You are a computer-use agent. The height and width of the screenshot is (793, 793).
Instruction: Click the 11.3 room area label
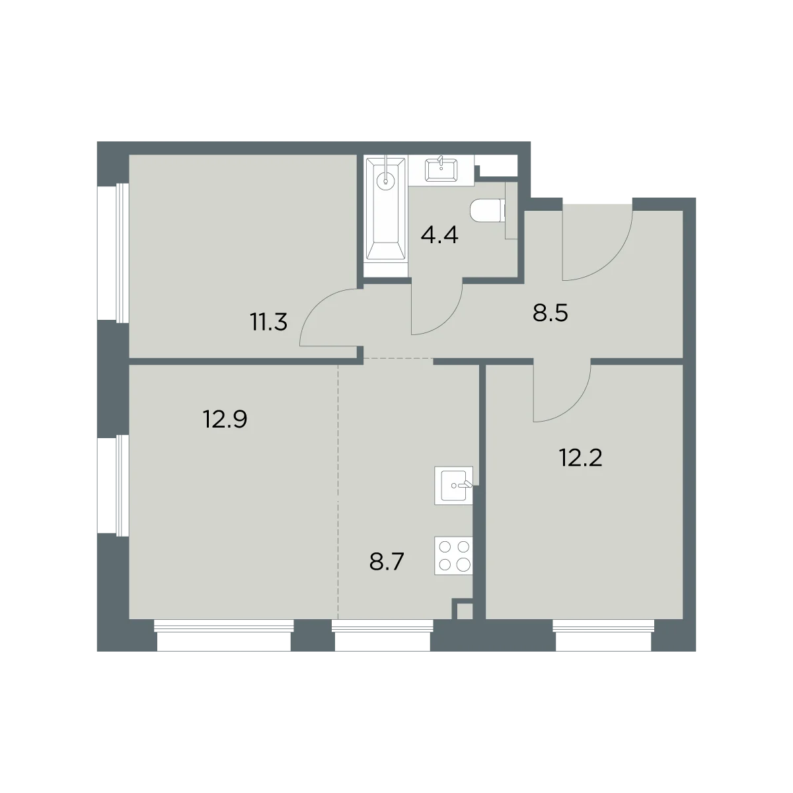pos(269,322)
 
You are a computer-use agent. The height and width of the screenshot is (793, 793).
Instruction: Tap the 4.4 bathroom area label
pos(439,235)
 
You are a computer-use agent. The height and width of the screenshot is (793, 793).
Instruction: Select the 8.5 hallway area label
pos(550,313)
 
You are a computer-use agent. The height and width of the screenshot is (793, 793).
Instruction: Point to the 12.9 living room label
pos(225,420)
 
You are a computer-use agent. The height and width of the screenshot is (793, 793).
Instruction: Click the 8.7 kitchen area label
pos(387,562)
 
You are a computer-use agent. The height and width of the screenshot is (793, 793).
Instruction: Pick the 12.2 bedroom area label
pos(581,457)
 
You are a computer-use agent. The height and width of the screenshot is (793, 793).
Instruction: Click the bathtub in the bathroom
pos(386,215)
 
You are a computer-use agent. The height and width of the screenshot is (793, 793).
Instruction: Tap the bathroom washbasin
pos(441,170)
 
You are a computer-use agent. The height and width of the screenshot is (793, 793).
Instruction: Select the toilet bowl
pos(487,211)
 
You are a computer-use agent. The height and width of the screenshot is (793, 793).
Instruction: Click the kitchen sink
pos(453,486)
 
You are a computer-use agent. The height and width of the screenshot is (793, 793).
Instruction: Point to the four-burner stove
pos(453,556)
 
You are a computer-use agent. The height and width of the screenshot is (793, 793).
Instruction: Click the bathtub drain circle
pos(385,180)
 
